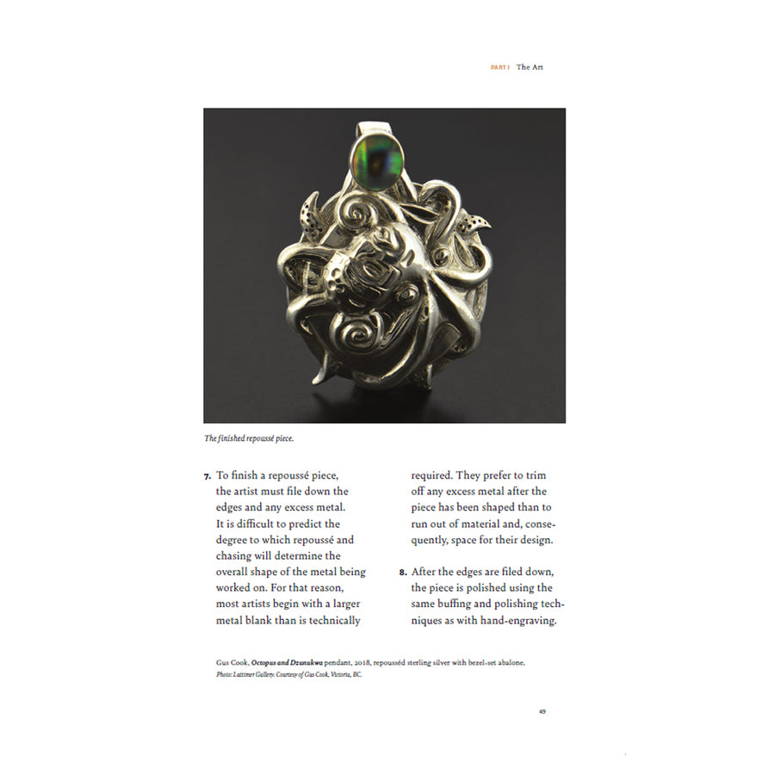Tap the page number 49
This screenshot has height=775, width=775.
tap(542, 711)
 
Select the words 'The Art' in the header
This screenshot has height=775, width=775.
tap(530, 67)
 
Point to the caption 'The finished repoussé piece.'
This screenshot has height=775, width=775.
tap(249, 438)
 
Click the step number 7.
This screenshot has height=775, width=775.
tap(207, 475)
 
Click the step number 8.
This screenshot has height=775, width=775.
tap(403, 572)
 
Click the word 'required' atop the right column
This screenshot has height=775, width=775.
tap(431, 475)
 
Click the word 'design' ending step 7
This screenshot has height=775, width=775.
tap(532, 540)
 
